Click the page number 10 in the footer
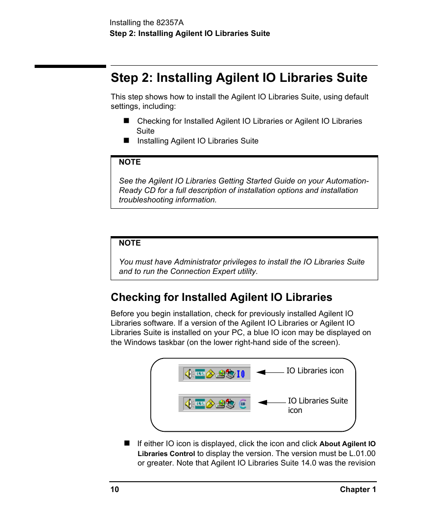click(x=115, y=489)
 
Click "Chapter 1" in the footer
click(x=357, y=489)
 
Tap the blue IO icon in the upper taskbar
click(x=241, y=374)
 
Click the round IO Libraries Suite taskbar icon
click(x=243, y=404)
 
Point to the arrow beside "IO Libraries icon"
click(x=270, y=372)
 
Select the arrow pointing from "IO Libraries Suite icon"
click(x=272, y=403)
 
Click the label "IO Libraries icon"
click(x=315, y=371)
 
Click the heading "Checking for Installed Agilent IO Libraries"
click(x=221, y=297)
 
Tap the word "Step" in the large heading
click(x=125, y=78)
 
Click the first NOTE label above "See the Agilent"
click(x=130, y=162)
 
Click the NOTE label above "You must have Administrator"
click(x=130, y=243)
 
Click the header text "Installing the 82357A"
click(x=147, y=22)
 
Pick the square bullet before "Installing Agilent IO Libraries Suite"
click(x=126, y=140)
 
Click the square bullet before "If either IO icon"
click(x=126, y=443)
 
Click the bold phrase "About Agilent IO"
click(x=347, y=444)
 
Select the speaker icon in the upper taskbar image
click(x=188, y=374)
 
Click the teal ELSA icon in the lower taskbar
click(x=200, y=404)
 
